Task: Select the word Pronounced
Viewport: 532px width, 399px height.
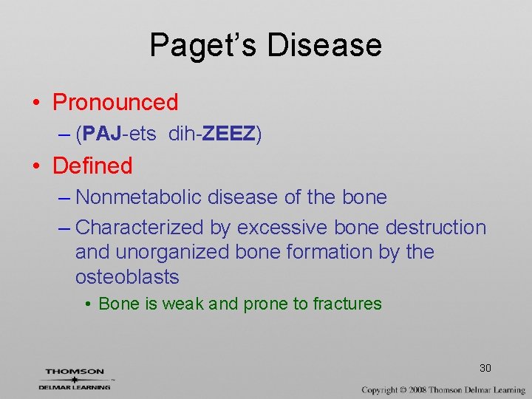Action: pos(115,102)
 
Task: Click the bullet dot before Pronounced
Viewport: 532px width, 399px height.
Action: pos(36,103)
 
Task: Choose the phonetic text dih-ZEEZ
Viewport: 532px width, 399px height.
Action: pos(214,134)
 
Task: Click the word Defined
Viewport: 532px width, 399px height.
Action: pos(92,166)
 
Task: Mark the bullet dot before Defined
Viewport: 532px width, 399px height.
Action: pos(36,166)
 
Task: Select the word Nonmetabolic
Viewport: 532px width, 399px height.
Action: pos(139,197)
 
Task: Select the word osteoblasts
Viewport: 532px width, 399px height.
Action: pos(127,277)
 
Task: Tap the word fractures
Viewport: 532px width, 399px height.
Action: pos(347,304)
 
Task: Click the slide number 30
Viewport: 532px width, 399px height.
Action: pos(485,368)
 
